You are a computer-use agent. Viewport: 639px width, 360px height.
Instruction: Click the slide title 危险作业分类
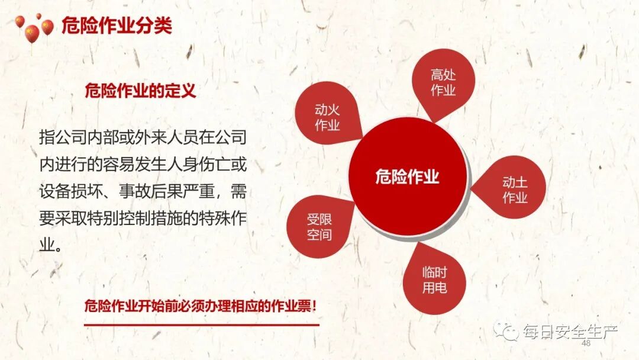(117, 27)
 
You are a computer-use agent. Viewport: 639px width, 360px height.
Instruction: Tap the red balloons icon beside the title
(34, 30)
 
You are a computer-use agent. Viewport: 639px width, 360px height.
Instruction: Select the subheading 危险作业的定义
(140, 91)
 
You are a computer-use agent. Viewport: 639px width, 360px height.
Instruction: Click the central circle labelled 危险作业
(407, 176)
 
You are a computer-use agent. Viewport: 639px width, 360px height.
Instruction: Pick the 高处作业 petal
(443, 82)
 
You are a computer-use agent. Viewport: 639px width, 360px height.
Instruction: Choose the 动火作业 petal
(327, 117)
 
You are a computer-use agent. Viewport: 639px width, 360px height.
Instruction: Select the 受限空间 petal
(319, 227)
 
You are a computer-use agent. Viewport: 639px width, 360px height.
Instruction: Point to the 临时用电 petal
(434, 280)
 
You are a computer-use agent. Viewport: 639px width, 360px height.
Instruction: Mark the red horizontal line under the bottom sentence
(201, 324)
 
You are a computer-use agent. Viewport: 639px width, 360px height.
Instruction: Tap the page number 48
(586, 343)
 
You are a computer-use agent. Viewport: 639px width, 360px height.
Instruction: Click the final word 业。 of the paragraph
(50, 244)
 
